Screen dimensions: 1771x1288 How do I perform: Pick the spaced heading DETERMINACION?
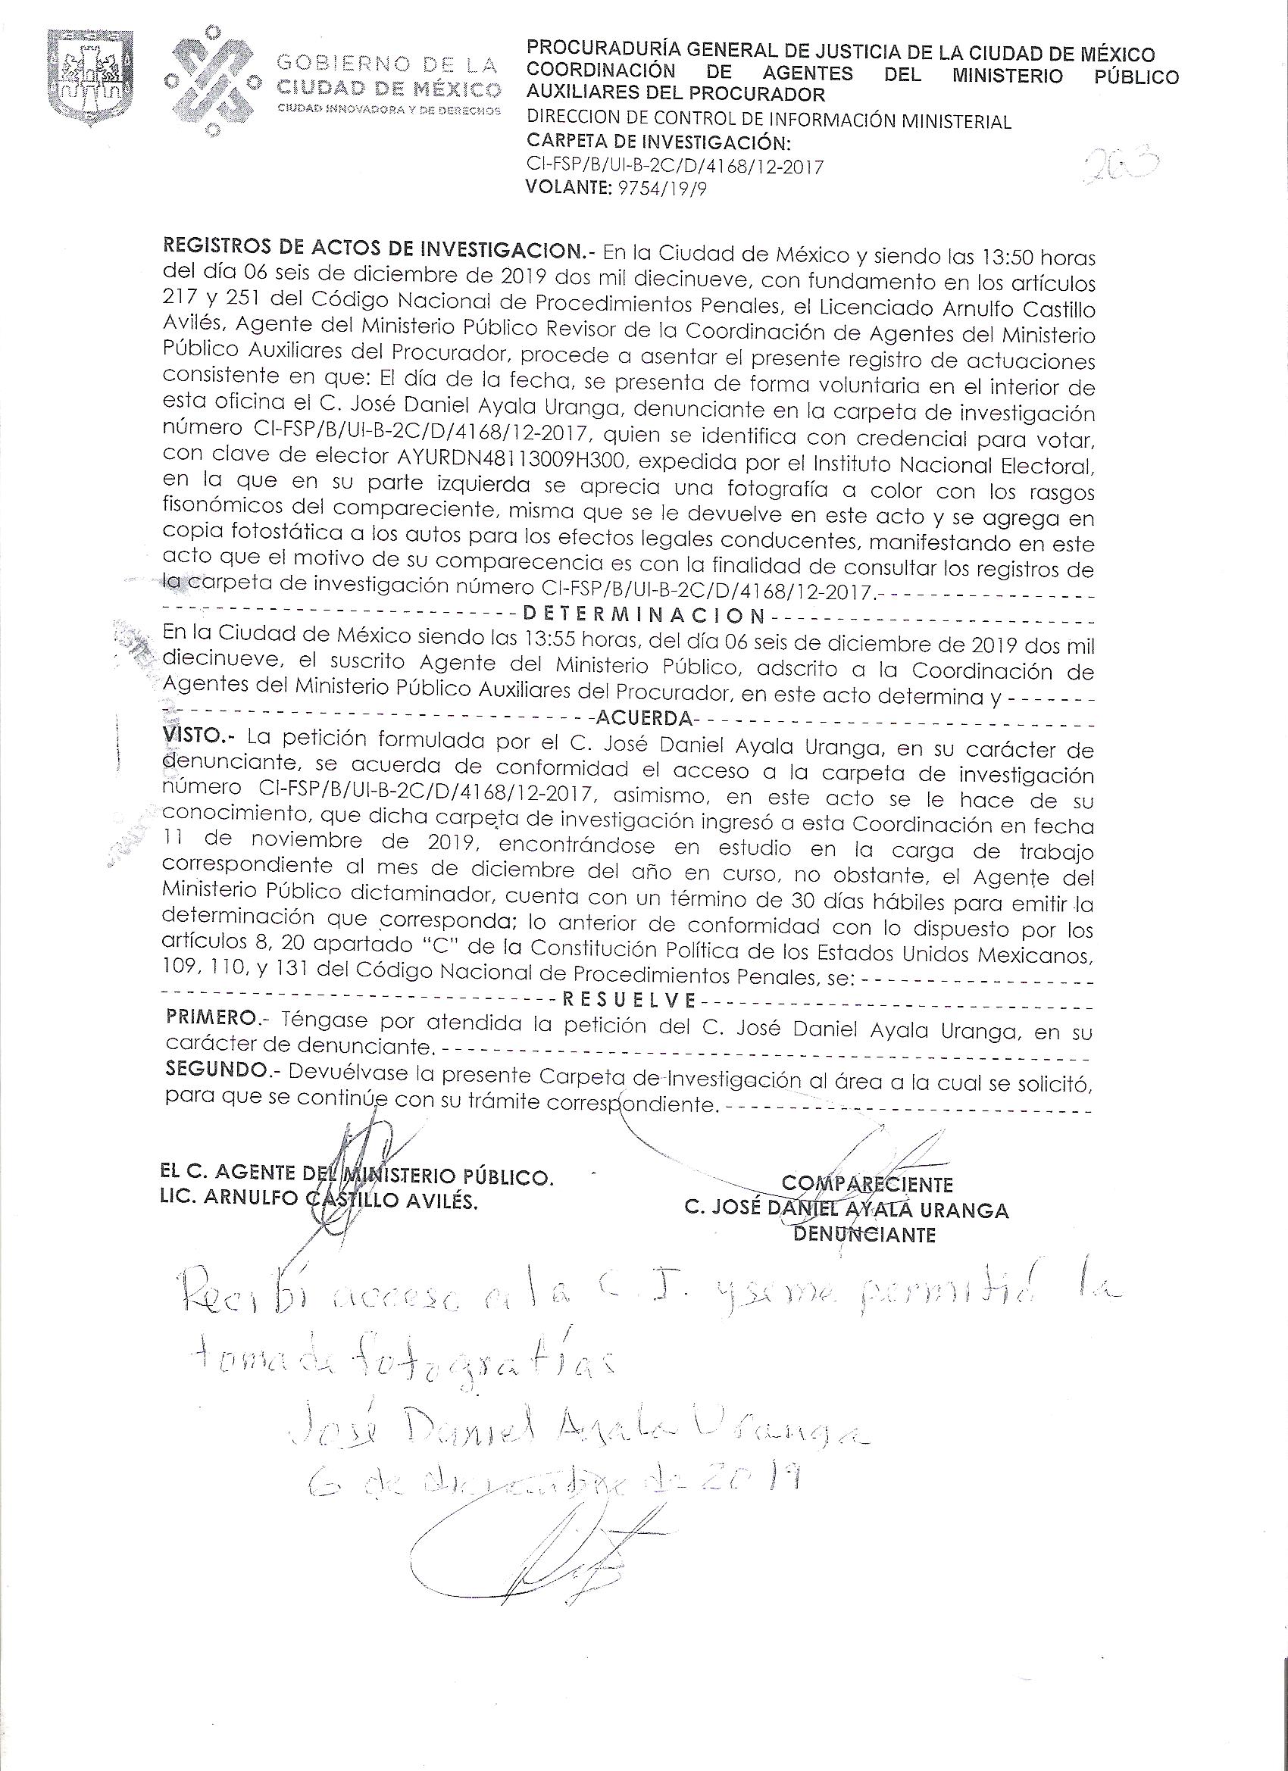641,614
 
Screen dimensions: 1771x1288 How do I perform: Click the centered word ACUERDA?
643,717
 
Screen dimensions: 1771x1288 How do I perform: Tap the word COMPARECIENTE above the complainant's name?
866,1184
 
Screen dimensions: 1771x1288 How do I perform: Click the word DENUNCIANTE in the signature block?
864,1235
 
